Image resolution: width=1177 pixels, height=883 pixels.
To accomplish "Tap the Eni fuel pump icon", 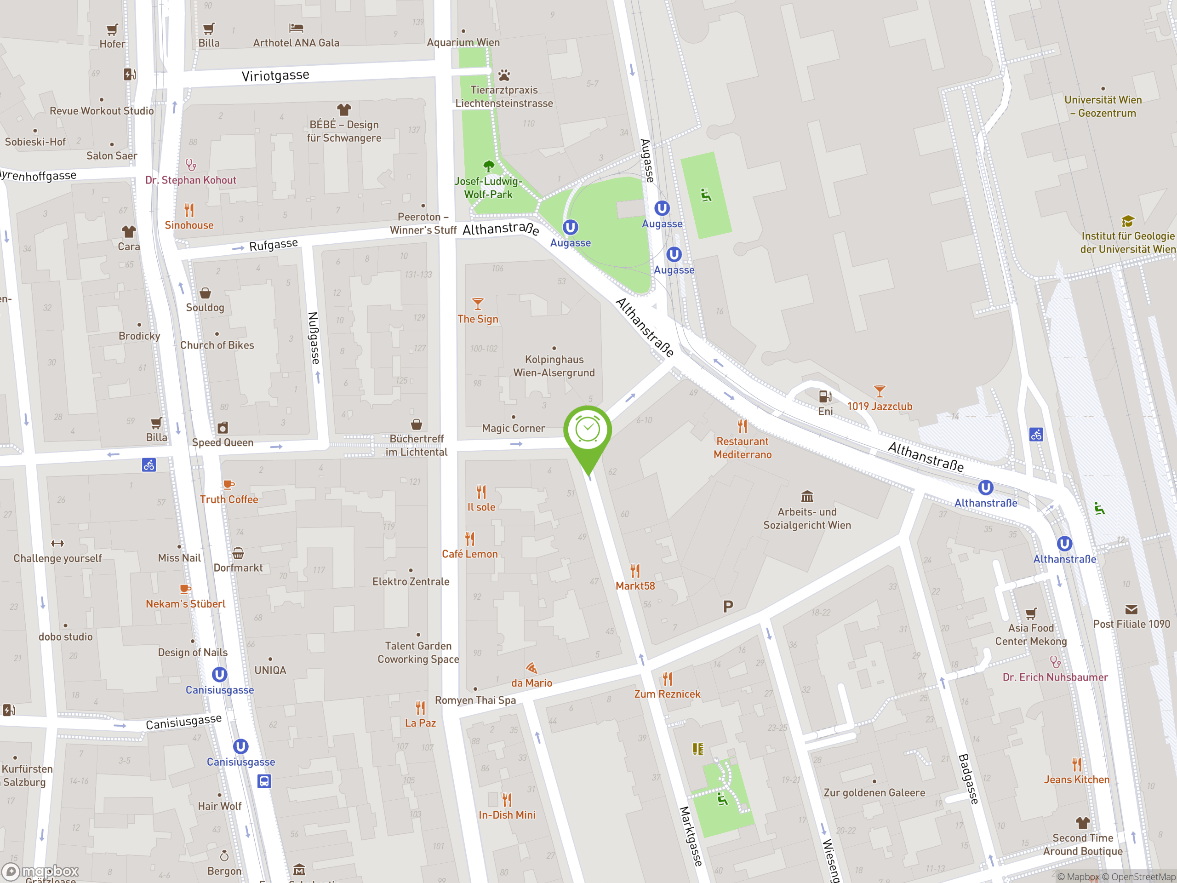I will pyautogui.click(x=825, y=396).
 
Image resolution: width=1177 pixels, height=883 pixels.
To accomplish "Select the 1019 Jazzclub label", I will pyautogui.click(x=880, y=407).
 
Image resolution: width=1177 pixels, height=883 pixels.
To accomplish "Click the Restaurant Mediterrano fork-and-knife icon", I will pyautogui.click(x=742, y=426).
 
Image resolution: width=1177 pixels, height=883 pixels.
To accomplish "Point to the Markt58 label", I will pyautogui.click(x=635, y=586).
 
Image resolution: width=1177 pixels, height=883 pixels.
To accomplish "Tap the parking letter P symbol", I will pyautogui.click(x=728, y=606).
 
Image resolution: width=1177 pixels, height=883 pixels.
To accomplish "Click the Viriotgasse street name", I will pyautogui.click(x=275, y=75).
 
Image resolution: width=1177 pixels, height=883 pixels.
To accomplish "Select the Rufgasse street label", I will pyautogui.click(x=274, y=245).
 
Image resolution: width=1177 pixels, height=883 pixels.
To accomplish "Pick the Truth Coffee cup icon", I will pyautogui.click(x=228, y=485).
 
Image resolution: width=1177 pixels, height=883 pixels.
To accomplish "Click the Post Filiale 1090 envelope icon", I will pyautogui.click(x=1131, y=610).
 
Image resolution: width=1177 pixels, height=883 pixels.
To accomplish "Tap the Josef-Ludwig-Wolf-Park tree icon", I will pyautogui.click(x=488, y=166).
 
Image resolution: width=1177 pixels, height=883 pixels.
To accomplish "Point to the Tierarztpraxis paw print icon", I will pyautogui.click(x=504, y=75).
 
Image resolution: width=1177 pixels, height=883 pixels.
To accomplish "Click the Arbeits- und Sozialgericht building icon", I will pyautogui.click(x=807, y=497).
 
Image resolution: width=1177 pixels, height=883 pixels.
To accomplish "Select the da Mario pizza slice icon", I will pyautogui.click(x=531, y=668).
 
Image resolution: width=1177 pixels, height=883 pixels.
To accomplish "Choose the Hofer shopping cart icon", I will pyautogui.click(x=112, y=29).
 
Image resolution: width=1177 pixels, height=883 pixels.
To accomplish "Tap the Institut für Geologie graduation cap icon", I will pyautogui.click(x=1127, y=221).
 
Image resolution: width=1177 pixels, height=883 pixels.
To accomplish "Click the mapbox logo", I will pyautogui.click(x=41, y=872).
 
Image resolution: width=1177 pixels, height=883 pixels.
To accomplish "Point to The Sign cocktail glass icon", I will pyautogui.click(x=478, y=304).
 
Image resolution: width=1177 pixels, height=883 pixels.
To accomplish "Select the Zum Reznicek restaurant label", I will pyautogui.click(x=667, y=694).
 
